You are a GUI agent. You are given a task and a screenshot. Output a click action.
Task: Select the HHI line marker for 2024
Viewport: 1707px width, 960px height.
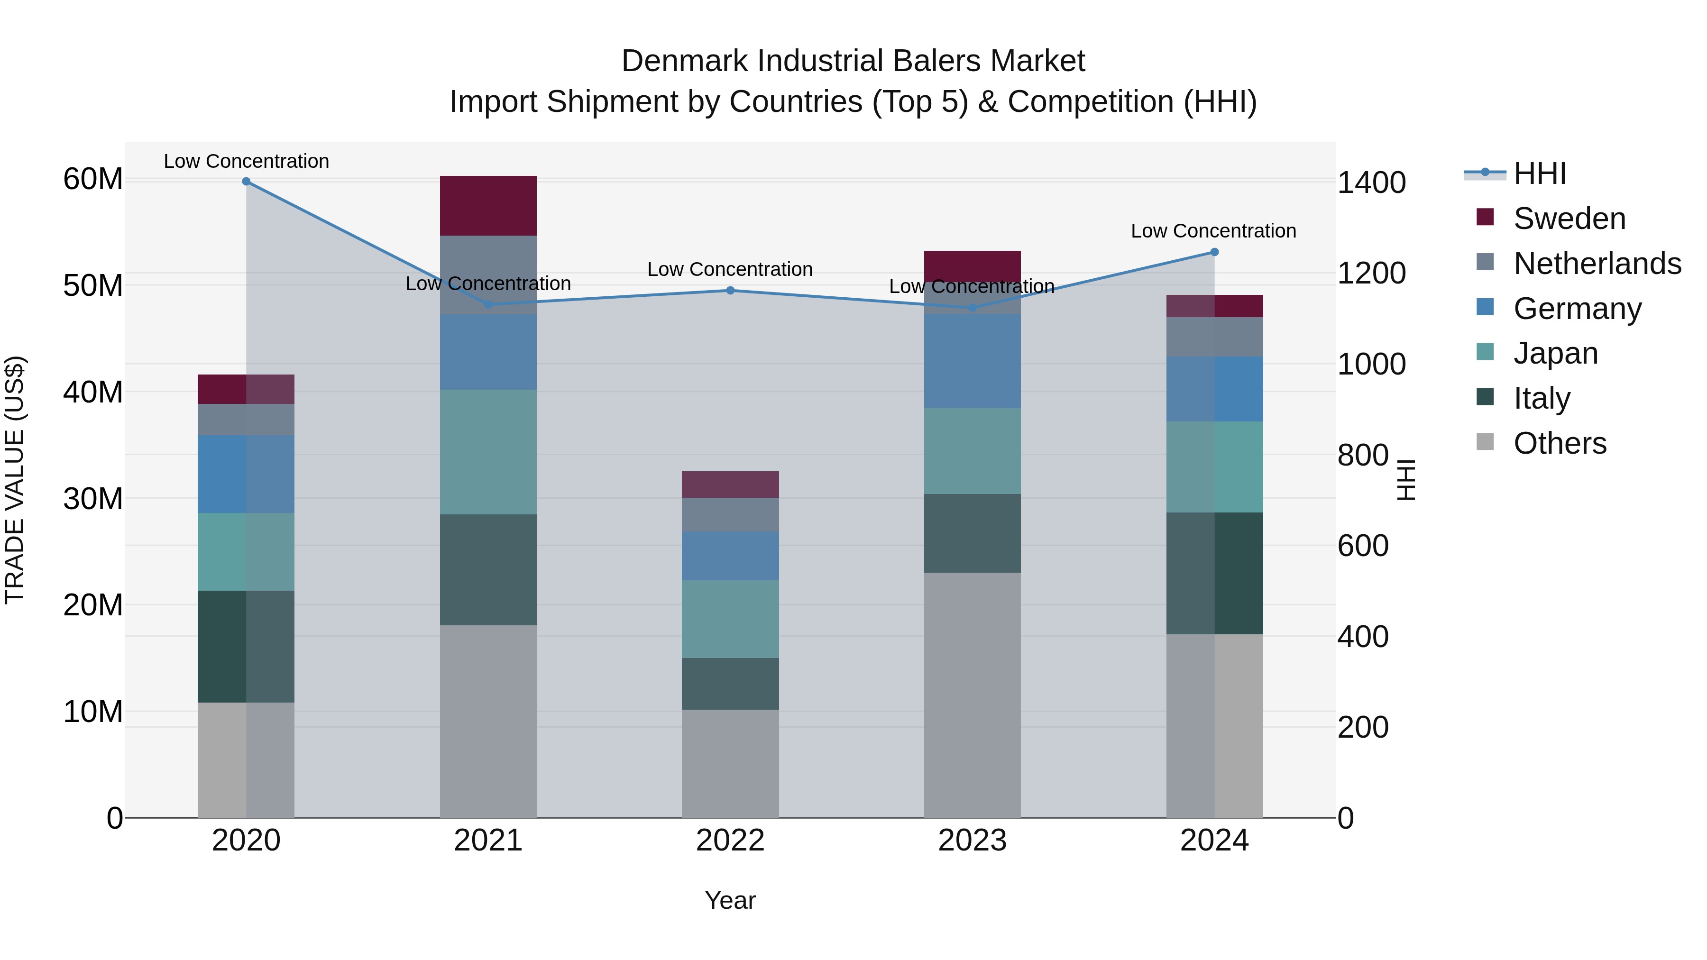[1214, 252]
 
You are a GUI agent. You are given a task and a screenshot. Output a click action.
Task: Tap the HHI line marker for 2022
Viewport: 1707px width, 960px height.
[730, 290]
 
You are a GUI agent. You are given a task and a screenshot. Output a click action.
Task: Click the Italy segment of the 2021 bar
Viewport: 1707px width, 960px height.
[488, 570]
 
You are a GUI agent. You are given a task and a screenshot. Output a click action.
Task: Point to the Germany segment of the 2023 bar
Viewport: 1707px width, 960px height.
[972, 361]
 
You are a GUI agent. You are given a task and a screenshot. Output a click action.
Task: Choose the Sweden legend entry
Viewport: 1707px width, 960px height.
[1569, 219]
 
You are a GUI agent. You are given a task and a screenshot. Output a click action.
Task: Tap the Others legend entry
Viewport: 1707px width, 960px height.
[1559, 443]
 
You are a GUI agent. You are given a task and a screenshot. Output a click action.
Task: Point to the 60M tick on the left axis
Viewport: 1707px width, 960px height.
[93, 180]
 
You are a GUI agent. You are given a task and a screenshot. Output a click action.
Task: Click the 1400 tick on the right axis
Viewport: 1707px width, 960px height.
[1371, 183]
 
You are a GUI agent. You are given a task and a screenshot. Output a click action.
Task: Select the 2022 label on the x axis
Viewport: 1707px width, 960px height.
[730, 841]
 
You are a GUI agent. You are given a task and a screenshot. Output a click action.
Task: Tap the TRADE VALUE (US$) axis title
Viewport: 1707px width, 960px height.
[15, 480]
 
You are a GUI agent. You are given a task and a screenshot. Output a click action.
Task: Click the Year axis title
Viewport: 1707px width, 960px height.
[730, 900]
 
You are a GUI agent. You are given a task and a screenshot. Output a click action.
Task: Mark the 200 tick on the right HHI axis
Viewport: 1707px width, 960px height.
[1362, 727]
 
